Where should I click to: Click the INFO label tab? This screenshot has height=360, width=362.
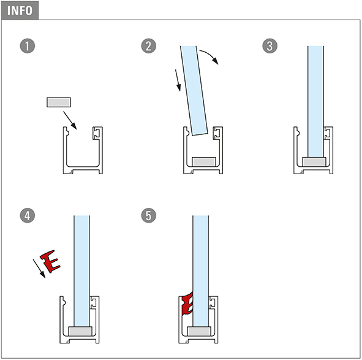[x=20, y=10]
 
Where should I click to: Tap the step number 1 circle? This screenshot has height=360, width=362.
[x=28, y=46]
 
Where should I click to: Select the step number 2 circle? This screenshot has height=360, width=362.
[x=148, y=46]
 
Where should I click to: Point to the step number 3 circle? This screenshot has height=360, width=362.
[x=270, y=46]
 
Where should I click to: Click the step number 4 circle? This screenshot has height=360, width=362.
[x=28, y=215]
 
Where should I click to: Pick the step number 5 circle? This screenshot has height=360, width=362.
[x=148, y=215]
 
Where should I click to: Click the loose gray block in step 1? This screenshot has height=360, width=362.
[x=59, y=102]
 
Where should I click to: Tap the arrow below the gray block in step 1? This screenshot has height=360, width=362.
[x=70, y=120]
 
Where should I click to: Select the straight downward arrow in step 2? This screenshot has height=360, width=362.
[x=178, y=80]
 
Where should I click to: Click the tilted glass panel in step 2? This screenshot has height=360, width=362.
[x=194, y=90]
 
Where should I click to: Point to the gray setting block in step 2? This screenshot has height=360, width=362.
[x=204, y=162]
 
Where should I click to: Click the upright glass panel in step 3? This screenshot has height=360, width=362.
[x=315, y=102]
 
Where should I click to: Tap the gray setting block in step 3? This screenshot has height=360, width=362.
[x=314, y=162]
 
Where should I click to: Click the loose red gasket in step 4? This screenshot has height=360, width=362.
[x=50, y=261]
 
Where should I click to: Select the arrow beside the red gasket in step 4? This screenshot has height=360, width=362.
[x=39, y=269]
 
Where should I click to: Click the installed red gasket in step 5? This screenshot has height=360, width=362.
[x=187, y=304]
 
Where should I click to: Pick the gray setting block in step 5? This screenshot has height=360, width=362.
[x=199, y=331]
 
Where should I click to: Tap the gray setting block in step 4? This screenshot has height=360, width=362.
[x=80, y=331]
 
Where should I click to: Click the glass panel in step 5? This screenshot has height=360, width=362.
[x=201, y=271]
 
